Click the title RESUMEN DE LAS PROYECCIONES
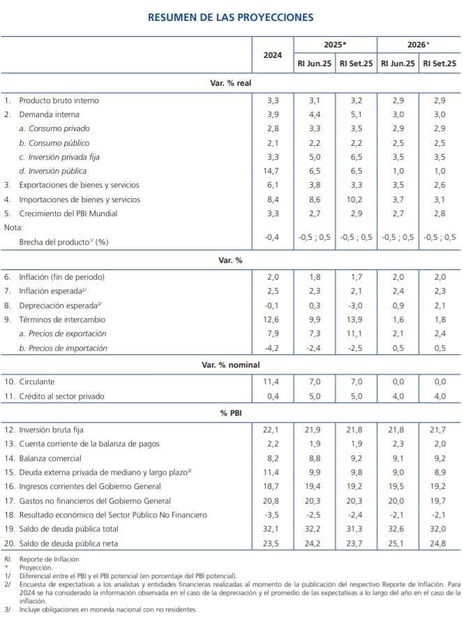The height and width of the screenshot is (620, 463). click(231, 17)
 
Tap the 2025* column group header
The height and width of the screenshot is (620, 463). click(335, 44)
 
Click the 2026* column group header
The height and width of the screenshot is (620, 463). click(418, 44)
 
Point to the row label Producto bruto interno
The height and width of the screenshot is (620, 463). click(59, 100)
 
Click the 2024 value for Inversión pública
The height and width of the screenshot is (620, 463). click(273, 171)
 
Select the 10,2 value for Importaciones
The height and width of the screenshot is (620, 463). click(356, 199)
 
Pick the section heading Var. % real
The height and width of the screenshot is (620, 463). click(231, 83)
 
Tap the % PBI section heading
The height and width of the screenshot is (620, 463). click(231, 414)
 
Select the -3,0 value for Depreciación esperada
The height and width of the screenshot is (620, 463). click(356, 306)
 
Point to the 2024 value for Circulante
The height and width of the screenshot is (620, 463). click(273, 382)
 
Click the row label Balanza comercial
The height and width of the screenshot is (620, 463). click(50, 459)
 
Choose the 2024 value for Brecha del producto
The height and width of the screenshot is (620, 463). click(273, 237)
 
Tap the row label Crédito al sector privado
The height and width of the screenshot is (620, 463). click(61, 397)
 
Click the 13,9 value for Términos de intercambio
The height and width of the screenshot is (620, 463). click(356, 320)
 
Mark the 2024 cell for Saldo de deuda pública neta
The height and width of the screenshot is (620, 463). click(273, 543)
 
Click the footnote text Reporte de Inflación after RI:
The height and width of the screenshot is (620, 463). click(50, 559)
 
